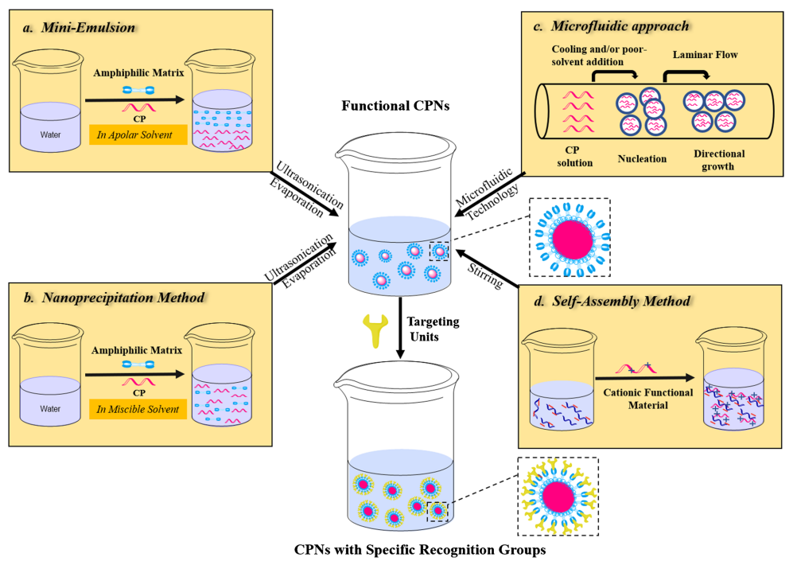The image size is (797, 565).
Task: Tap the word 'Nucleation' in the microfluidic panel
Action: (x=642, y=158)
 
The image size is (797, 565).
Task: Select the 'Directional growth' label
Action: (x=718, y=160)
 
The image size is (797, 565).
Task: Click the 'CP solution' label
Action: (x=575, y=158)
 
